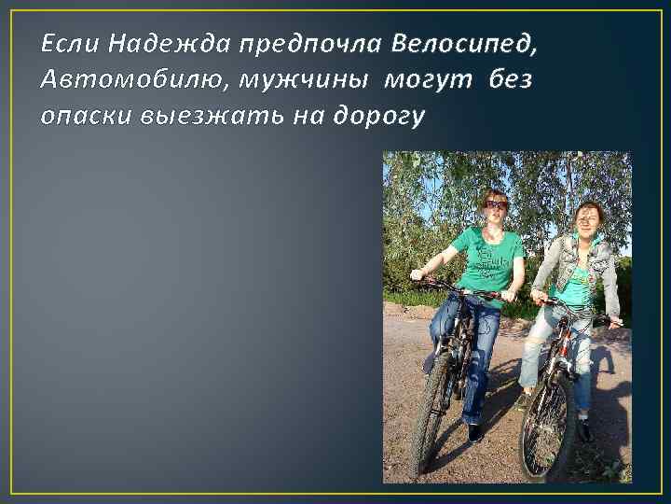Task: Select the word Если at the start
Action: click(x=70, y=44)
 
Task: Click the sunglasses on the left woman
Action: click(x=496, y=204)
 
